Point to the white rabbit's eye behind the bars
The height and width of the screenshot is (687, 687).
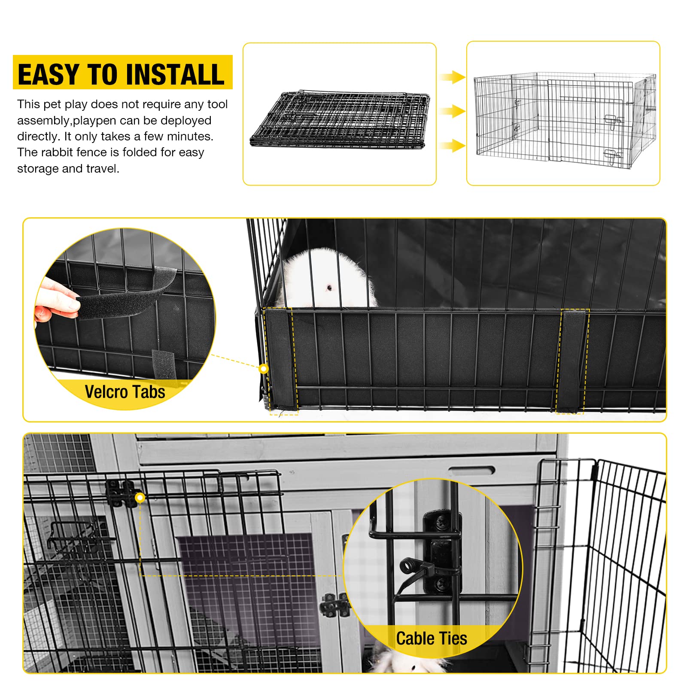(329, 287)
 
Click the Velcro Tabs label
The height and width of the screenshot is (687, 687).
(125, 392)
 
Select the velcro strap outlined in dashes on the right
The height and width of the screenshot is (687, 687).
(571, 361)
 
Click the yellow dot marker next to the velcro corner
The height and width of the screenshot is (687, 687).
(264, 368)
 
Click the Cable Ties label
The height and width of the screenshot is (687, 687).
(432, 638)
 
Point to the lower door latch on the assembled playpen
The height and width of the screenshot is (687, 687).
(612, 156)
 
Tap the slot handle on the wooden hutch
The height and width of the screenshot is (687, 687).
(471, 471)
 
